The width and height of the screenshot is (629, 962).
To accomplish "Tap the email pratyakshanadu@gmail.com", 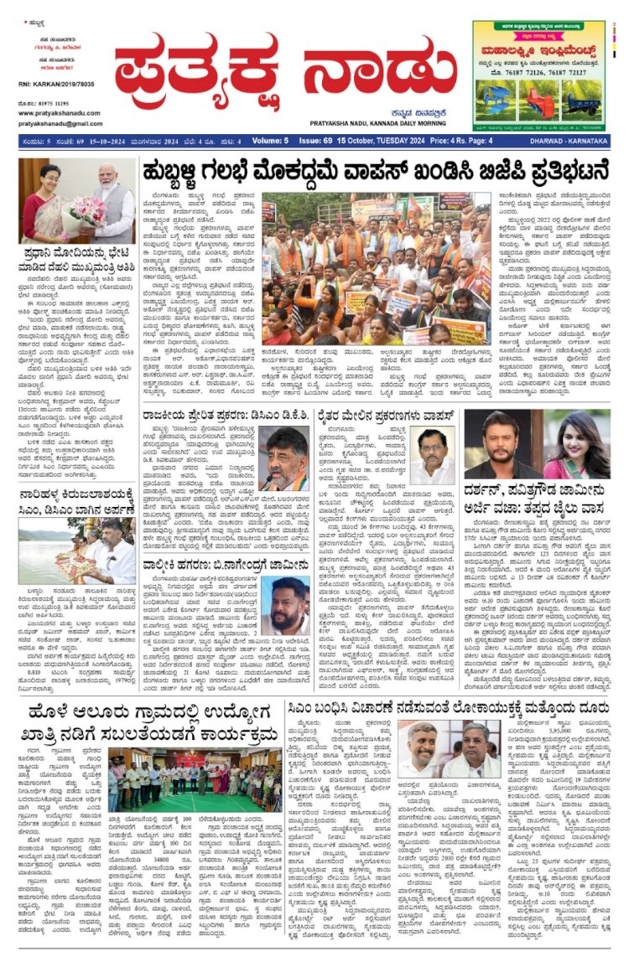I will click(55, 123).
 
